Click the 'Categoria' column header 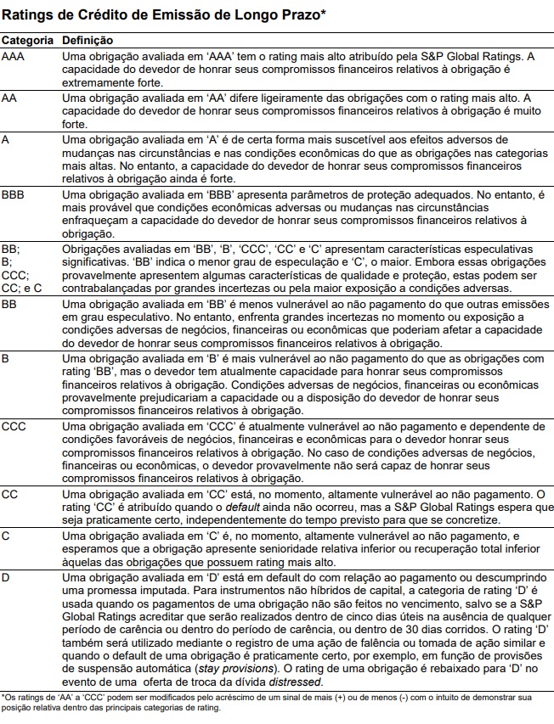(27, 40)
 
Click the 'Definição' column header (88, 40)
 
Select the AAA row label (14, 56)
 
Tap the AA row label (10, 98)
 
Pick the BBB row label (14, 194)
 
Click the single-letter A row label (6, 139)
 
